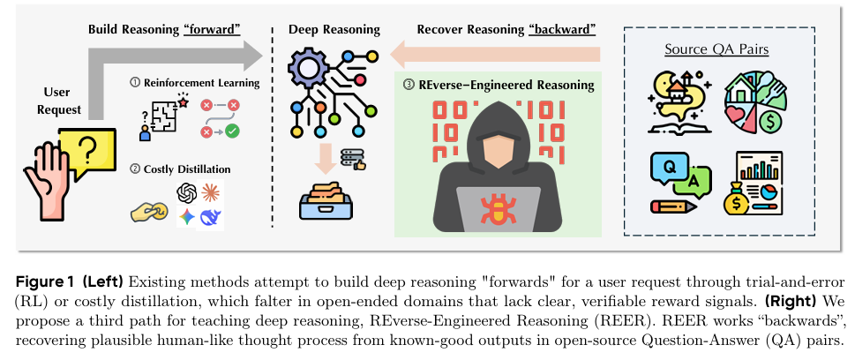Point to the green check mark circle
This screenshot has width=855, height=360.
(x=233, y=131)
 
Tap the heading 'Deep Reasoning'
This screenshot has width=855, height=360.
(x=334, y=29)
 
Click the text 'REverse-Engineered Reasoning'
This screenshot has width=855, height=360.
(x=504, y=86)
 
